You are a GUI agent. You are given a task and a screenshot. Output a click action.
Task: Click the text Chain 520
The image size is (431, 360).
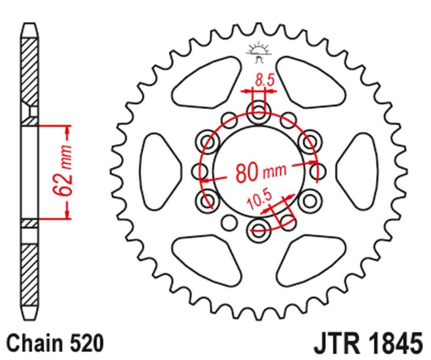click(54, 343)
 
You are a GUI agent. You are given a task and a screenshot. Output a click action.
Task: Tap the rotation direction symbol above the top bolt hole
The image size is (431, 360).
click(259, 50)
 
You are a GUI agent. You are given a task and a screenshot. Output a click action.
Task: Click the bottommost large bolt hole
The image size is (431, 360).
click(259, 228)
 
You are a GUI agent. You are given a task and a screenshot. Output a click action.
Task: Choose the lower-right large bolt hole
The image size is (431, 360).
click(309, 200)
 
